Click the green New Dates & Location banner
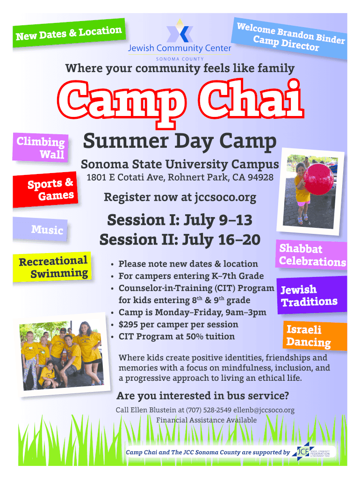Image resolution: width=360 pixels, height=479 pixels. pos(69,33)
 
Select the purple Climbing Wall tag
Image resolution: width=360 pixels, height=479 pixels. pos(40,148)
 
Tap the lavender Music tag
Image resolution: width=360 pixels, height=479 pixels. pos(40,229)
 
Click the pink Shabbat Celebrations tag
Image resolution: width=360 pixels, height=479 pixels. pos(311,255)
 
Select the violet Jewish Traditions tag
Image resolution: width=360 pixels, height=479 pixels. pos(311,295)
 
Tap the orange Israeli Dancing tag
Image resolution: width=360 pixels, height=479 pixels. pos(315,336)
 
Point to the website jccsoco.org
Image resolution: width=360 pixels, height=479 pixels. pos(225,198)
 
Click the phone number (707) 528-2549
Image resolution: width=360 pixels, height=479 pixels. pos(209,410)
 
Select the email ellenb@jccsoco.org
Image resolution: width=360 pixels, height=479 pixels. pos(264,410)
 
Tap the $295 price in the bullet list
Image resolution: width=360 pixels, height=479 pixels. pos(128,325)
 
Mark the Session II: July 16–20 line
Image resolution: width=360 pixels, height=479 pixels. pos(180,239)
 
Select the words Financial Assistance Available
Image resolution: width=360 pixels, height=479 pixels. pos(206,420)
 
